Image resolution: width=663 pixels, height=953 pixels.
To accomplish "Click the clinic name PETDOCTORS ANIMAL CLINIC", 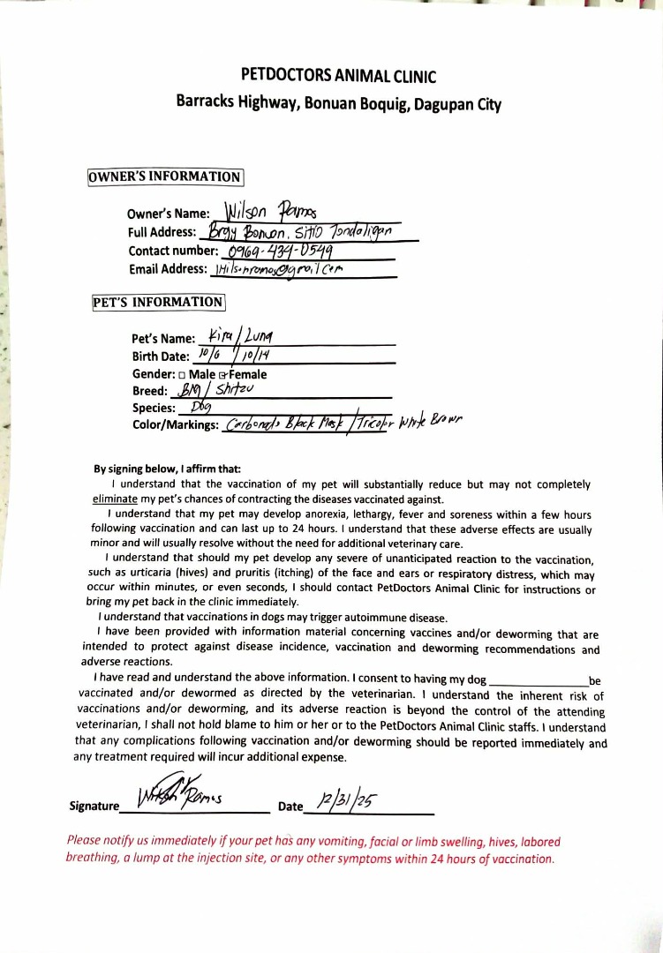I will [x=338, y=77].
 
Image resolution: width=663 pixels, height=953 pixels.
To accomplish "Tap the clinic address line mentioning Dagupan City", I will [x=338, y=103].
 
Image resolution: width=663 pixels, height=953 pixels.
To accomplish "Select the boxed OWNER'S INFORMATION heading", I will [x=165, y=176].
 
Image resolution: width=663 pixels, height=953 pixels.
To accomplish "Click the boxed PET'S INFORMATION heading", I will [x=159, y=303].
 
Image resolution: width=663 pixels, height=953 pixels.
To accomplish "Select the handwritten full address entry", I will [x=300, y=231].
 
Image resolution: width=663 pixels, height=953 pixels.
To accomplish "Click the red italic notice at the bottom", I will [x=313, y=850].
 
